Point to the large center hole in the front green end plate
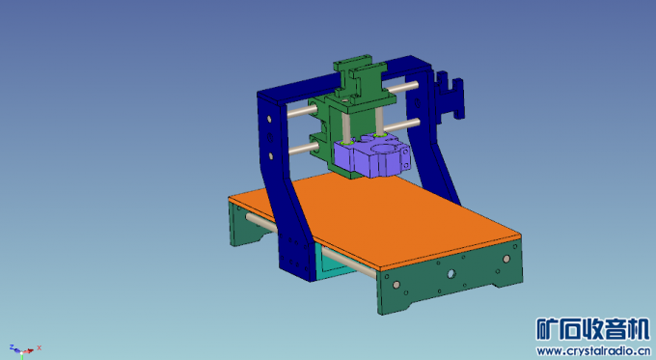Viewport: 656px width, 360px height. click(450, 275)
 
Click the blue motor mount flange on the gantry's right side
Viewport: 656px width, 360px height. click(449, 97)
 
